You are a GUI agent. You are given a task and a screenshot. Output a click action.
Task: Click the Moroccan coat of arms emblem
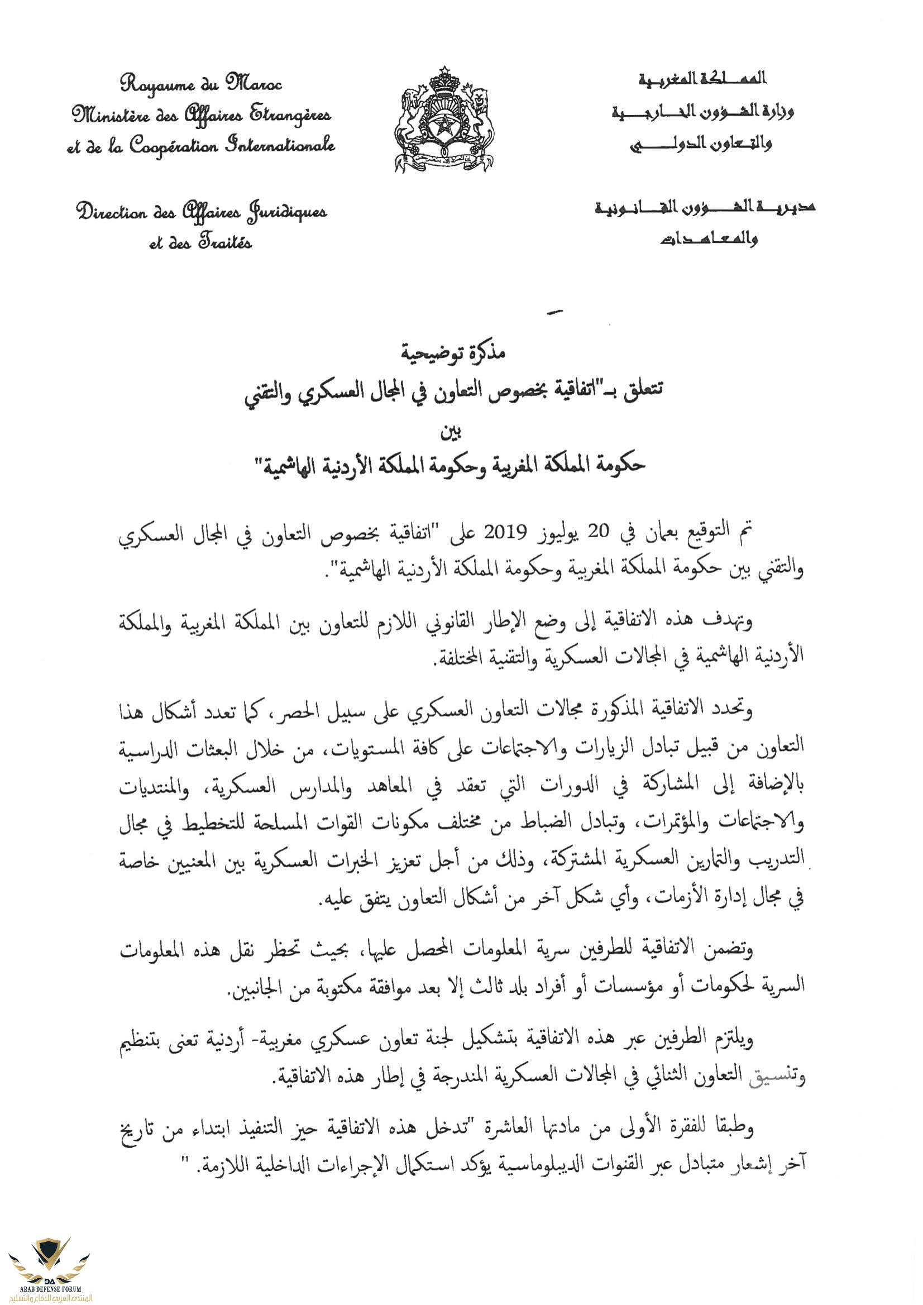click(x=444, y=119)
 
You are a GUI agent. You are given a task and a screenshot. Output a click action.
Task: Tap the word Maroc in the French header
click(x=253, y=84)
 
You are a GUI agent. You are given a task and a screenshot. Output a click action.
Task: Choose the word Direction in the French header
click(x=112, y=212)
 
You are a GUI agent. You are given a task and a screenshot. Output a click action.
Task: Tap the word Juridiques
click(x=287, y=213)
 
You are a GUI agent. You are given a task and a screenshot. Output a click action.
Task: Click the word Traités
click(x=225, y=243)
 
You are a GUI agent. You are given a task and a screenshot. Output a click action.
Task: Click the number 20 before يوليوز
click(x=598, y=532)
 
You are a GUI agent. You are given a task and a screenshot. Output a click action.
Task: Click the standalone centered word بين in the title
click(x=451, y=433)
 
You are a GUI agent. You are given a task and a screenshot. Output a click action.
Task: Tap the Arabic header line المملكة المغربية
click(x=702, y=78)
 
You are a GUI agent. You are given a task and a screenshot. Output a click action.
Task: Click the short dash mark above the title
click(x=553, y=311)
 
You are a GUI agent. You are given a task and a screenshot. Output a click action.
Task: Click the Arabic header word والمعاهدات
click(x=708, y=240)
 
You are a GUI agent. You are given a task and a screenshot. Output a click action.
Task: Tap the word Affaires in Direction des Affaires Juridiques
click(x=211, y=213)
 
